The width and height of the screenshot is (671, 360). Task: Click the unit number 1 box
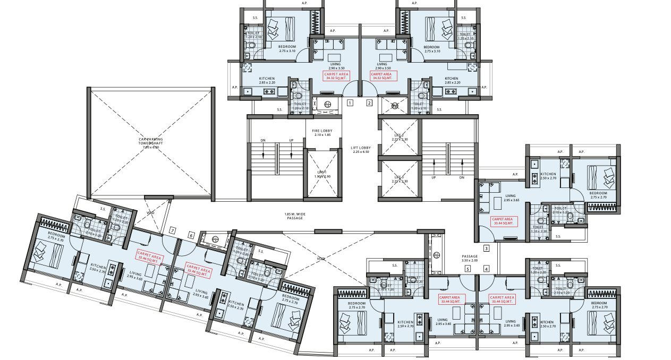tap(350, 103)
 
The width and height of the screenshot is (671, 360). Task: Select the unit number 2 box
tap(370, 103)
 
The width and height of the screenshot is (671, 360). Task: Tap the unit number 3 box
tap(486, 248)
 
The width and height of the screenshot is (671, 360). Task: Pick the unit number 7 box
tap(172, 230)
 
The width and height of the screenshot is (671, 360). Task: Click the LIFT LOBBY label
tap(361, 149)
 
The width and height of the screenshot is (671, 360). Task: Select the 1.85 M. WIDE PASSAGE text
tap(294, 216)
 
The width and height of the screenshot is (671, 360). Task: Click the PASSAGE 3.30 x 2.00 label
tap(470, 258)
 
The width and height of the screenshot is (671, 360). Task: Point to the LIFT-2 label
tap(399, 138)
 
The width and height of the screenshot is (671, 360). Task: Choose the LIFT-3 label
tap(399, 179)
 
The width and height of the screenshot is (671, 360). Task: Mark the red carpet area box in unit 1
tap(336, 76)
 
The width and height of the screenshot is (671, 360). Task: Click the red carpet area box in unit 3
tap(502, 221)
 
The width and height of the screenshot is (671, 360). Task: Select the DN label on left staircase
tap(263, 141)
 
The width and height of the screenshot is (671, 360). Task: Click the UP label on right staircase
tap(434, 178)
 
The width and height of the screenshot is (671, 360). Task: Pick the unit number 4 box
tap(486, 269)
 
